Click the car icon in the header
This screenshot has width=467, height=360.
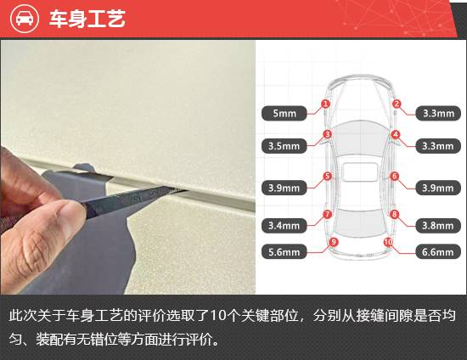pyautogui.click(x=25, y=19)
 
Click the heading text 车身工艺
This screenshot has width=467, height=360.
pyautogui.click(x=87, y=19)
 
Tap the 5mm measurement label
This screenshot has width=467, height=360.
pyautogui.click(x=284, y=113)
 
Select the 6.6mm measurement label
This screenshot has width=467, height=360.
pyautogui.click(x=438, y=252)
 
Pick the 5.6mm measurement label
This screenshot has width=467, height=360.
pyautogui.click(x=284, y=252)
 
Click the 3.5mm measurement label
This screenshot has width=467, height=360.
pyautogui.click(x=284, y=146)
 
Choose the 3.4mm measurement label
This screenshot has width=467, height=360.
pyautogui.click(x=284, y=225)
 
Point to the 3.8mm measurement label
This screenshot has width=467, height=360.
pyautogui.click(x=438, y=225)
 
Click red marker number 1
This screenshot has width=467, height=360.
pyautogui.click(x=326, y=104)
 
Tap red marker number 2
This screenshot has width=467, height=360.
pyautogui.click(x=397, y=104)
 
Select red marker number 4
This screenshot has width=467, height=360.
pyautogui.click(x=396, y=135)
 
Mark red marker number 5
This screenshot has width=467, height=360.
pyautogui.click(x=327, y=176)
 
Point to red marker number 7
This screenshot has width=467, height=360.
pyautogui.click(x=327, y=214)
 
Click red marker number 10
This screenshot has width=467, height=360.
pyautogui.click(x=388, y=242)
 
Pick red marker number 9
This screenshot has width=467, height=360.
pyautogui.click(x=334, y=242)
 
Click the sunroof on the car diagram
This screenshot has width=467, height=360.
pyautogui.click(x=360, y=172)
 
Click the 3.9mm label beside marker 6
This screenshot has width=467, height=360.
pyautogui.click(x=438, y=188)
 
